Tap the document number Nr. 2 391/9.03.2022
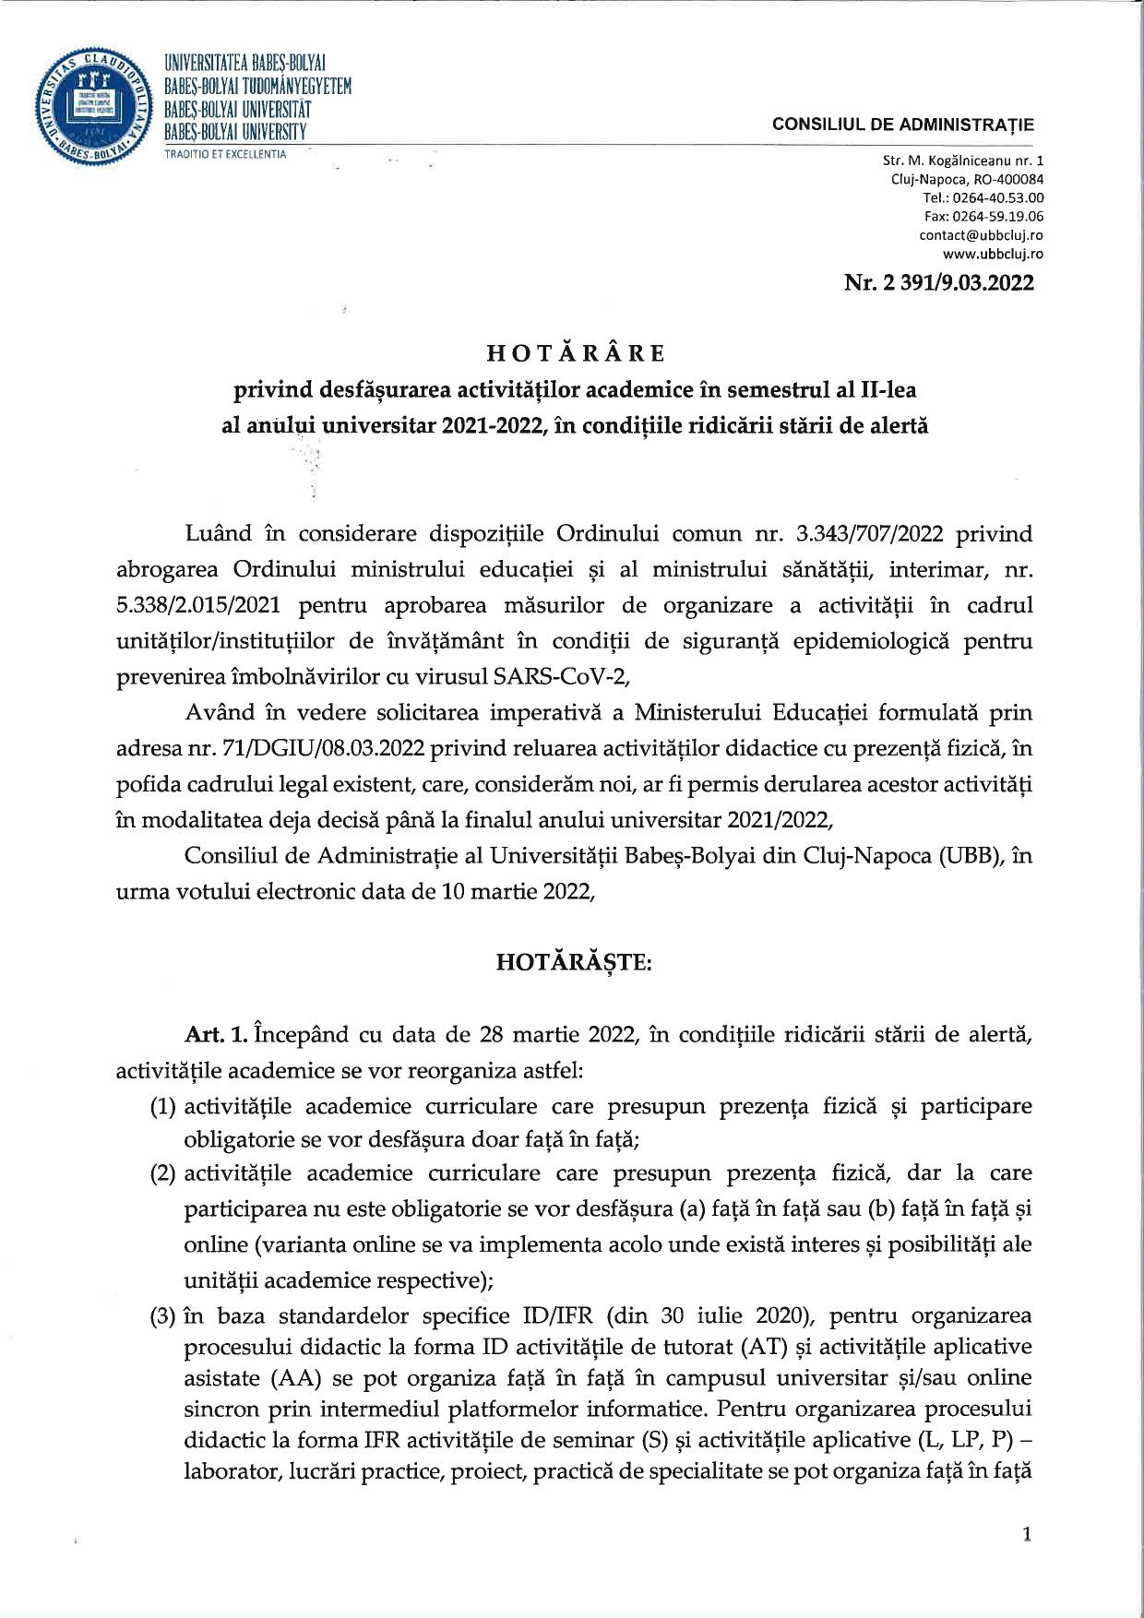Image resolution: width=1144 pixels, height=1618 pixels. point(938,282)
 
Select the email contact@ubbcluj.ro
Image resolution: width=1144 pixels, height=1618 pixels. point(982,235)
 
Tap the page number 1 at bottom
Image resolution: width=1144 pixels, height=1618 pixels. point(1026,1534)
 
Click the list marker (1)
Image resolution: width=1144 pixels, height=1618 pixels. point(164,1105)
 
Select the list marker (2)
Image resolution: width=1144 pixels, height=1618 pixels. point(164,1173)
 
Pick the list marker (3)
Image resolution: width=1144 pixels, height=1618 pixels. point(164,1314)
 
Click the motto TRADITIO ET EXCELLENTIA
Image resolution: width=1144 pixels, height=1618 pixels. point(225,153)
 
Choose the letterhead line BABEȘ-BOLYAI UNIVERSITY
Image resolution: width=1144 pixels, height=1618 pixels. point(235,133)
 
